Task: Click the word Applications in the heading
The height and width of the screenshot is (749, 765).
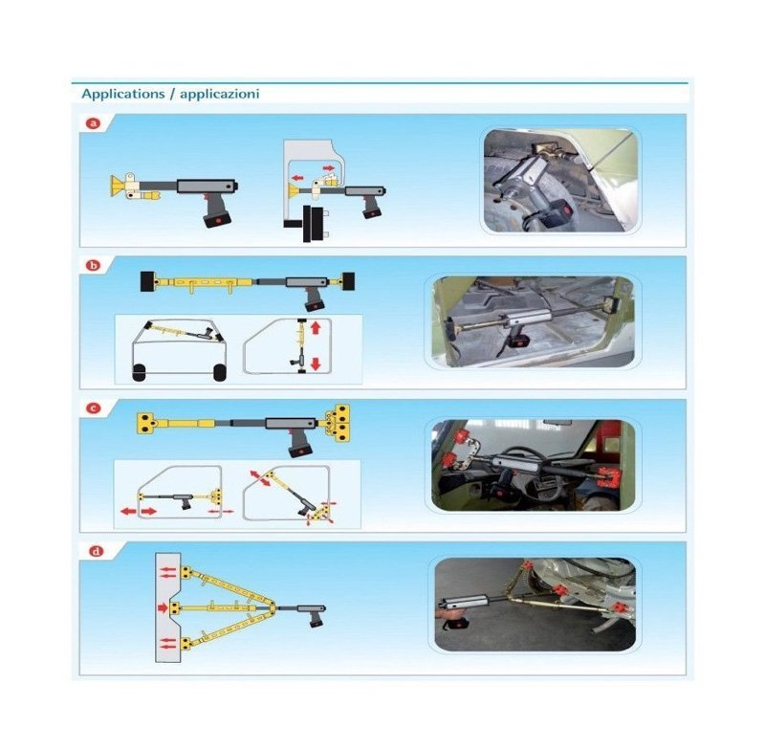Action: tap(123, 94)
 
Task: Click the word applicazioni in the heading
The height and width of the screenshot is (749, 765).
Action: tap(220, 94)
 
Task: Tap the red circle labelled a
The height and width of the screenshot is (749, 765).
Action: tap(93, 123)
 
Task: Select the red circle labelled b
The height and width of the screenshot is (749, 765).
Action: tap(93, 265)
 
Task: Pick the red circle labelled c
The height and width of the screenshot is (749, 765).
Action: tap(93, 408)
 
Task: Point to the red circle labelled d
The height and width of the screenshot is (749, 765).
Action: tap(97, 551)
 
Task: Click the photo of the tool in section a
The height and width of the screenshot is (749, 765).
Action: tap(560, 181)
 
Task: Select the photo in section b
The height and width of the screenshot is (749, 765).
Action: tap(534, 322)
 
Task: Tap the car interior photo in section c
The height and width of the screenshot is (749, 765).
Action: tap(534, 465)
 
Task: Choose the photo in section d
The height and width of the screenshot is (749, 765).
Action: tap(535, 605)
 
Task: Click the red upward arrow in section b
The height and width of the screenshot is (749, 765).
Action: tap(316, 327)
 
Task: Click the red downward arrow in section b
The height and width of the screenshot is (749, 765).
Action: tap(316, 363)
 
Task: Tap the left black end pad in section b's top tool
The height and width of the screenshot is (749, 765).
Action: tap(147, 282)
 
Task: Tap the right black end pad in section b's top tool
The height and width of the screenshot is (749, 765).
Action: tap(348, 281)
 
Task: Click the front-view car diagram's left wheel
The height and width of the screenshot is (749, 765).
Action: tap(139, 372)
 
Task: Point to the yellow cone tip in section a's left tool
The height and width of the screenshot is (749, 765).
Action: tap(116, 186)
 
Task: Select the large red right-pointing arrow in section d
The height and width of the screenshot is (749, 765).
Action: tap(163, 608)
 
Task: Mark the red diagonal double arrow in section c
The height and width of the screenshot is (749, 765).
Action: tap(260, 478)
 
